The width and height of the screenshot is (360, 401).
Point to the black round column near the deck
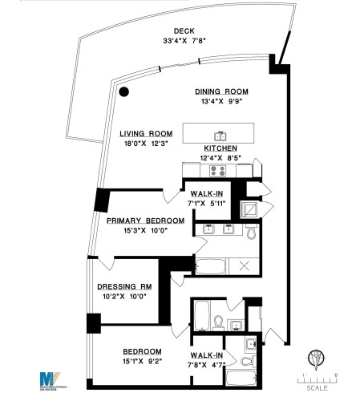coord(124,91)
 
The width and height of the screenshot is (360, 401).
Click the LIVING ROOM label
coord(147,134)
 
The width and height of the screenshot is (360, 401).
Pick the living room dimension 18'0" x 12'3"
coord(147,144)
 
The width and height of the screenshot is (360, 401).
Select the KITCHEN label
coord(220,148)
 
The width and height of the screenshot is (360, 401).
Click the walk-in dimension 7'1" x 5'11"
coord(208,203)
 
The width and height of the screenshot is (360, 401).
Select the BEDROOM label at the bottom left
coord(142,351)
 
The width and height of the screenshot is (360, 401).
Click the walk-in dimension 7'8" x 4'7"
coord(206,365)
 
